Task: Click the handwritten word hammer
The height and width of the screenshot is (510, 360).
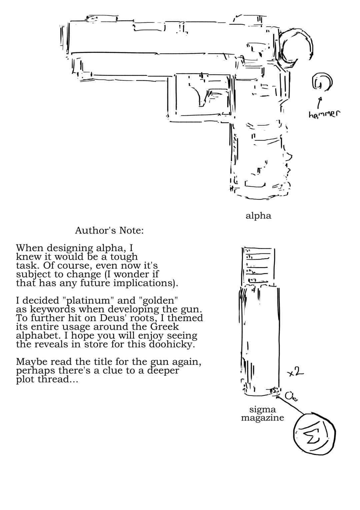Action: (324, 114)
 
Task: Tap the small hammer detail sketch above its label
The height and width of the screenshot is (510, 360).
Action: (322, 82)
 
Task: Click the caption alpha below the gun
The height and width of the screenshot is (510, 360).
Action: (258, 216)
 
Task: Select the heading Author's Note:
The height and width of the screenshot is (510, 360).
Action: (109, 230)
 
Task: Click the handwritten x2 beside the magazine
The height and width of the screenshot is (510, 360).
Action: (295, 372)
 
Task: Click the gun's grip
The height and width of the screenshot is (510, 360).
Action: (260, 159)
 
